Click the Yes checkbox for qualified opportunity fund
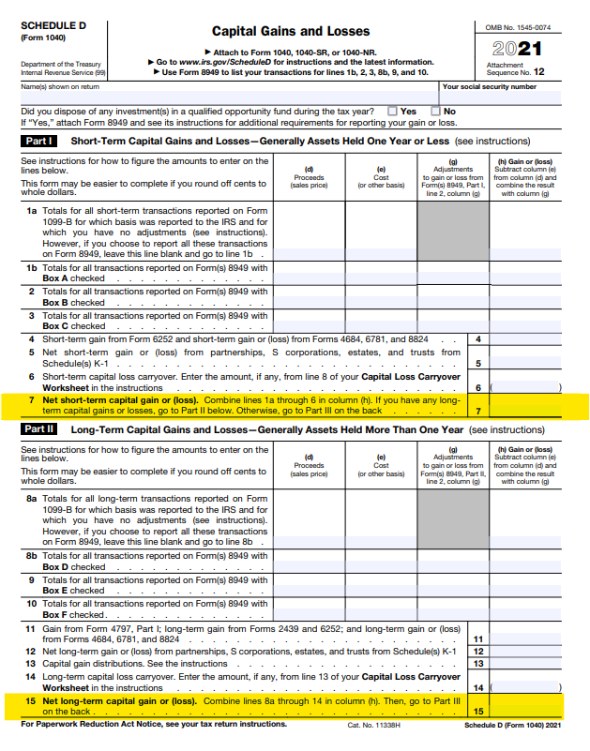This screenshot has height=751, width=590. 394,111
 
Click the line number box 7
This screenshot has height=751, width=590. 478,411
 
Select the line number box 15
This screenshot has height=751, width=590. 478,711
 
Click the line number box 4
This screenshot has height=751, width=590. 478,338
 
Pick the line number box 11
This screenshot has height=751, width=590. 478,638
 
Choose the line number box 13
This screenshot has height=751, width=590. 478,663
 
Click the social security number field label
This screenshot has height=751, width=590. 490,86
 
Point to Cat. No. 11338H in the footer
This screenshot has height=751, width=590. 372,725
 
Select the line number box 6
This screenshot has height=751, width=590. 478,387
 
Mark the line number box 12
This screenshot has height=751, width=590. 478,651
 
